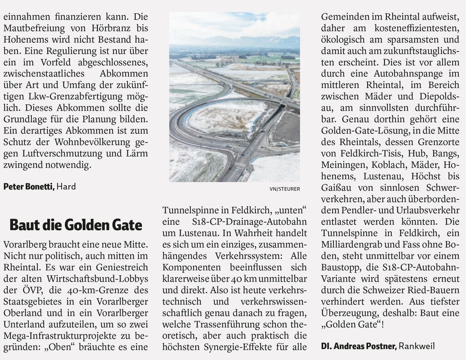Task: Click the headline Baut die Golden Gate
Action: tap(76, 224)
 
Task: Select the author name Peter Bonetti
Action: tap(29, 187)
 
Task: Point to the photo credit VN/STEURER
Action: tap(285, 189)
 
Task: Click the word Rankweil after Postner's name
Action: tap(417, 346)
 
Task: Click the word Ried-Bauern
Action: tap(435, 290)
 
